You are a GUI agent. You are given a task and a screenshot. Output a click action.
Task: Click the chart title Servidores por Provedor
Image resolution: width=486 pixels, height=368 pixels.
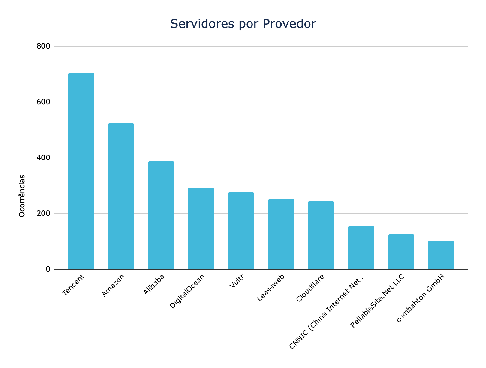click(x=243, y=24)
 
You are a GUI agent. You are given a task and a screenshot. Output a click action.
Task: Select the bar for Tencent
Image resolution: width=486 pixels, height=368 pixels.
click(x=81, y=171)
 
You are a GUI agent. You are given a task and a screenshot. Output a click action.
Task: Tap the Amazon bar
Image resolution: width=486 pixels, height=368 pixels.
click(x=121, y=196)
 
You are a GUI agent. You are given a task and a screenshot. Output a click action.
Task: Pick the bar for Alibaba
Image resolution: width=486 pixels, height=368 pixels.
click(x=161, y=215)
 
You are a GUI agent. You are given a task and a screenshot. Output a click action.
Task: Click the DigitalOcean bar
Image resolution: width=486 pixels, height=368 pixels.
click(x=201, y=228)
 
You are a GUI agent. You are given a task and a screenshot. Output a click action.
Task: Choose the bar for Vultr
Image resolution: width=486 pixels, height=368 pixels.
click(x=241, y=231)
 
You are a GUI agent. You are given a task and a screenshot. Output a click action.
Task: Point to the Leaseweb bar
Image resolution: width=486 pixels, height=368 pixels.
click(x=281, y=234)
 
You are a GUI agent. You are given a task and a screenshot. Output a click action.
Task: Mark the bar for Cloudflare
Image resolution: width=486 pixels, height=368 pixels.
click(x=321, y=235)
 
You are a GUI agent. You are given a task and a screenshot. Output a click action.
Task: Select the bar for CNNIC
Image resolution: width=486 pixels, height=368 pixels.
click(x=361, y=248)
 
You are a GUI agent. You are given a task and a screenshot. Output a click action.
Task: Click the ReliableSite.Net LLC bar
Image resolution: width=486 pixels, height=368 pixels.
click(x=401, y=252)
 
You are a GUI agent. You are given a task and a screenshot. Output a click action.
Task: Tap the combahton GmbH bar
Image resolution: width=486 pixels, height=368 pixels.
click(x=441, y=255)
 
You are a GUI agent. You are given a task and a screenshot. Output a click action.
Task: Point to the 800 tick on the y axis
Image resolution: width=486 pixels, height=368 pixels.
click(x=43, y=46)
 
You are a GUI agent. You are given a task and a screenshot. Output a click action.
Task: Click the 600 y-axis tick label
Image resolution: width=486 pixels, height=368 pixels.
click(x=43, y=102)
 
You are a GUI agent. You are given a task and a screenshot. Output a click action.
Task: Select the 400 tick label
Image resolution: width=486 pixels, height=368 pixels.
click(x=43, y=158)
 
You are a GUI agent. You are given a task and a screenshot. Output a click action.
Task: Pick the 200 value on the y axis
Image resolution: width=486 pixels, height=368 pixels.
click(x=43, y=214)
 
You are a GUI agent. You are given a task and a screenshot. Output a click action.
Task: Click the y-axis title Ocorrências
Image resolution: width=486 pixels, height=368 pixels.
click(x=22, y=196)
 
